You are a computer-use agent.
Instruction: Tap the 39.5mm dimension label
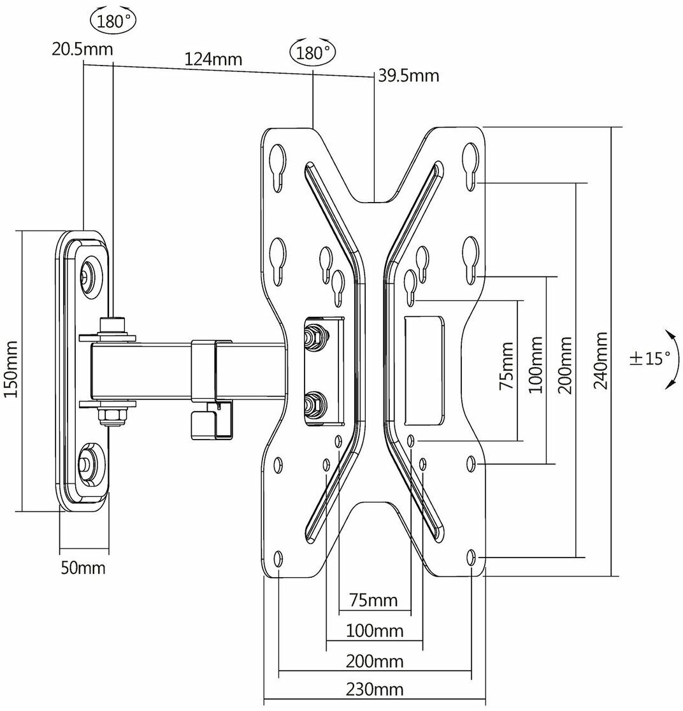409,76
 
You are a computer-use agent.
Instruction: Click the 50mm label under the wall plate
83,567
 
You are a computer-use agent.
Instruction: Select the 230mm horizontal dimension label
374,689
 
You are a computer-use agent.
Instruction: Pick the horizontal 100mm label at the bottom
375,631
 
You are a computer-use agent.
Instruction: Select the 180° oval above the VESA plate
313,52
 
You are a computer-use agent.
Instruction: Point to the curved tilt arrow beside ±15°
669,359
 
